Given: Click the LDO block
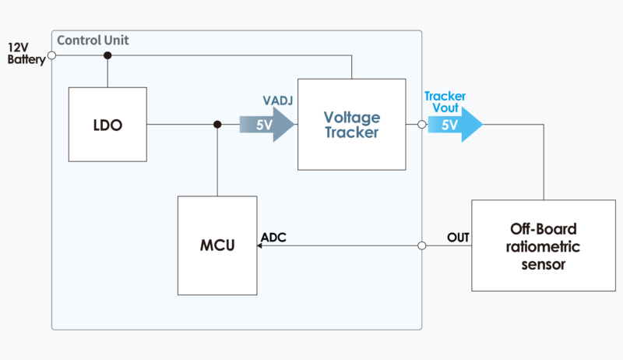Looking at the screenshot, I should [x=107, y=125].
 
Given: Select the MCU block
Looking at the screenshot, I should [x=217, y=245].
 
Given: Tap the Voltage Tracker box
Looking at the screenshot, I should [x=351, y=125].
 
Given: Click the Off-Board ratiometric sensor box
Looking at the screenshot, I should [x=544, y=245].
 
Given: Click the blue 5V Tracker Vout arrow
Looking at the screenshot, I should [x=455, y=125].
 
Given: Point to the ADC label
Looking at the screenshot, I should [x=273, y=237].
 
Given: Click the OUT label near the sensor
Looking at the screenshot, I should [x=458, y=237].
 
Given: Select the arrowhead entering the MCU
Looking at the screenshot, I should [x=259, y=245].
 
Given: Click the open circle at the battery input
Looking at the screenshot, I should [x=51, y=55].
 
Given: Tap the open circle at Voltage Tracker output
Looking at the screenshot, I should [x=421, y=125].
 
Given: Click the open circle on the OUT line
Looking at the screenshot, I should [x=421, y=245].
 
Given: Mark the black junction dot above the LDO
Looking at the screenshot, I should [x=107, y=55].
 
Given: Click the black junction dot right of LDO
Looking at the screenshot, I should [x=217, y=125].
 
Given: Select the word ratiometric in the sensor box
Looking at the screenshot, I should [x=544, y=246].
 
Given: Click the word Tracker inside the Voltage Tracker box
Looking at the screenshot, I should [x=352, y=133].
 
